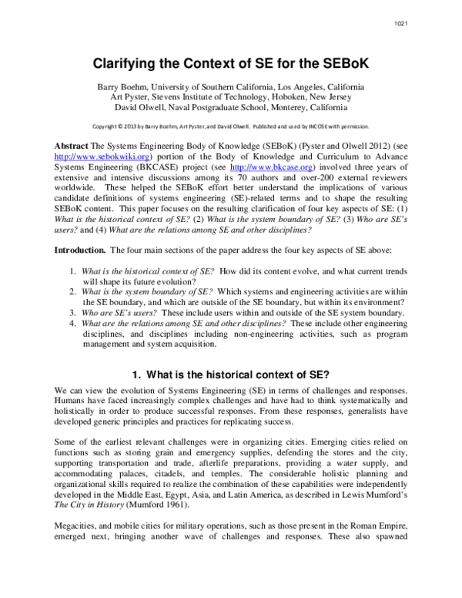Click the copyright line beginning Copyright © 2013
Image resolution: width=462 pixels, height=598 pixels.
(230, 126)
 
